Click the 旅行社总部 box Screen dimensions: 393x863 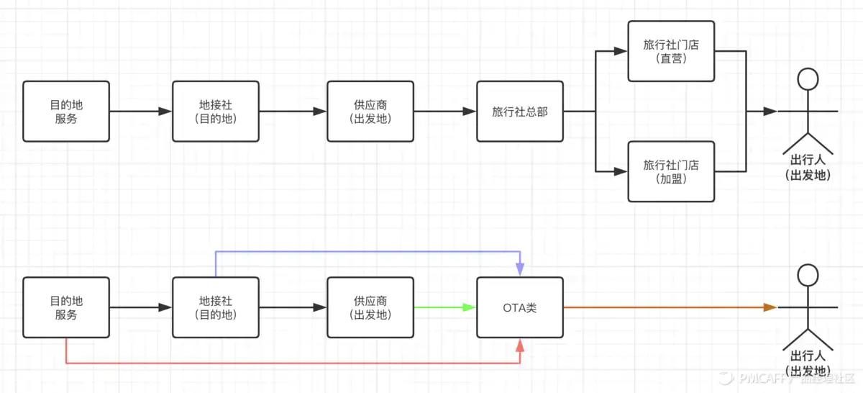tap(519, 112)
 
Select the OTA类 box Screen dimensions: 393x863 tap(519, 307)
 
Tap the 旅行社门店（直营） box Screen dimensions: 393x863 tap(671, 51)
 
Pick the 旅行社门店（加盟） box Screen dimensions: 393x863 tap(671, 171)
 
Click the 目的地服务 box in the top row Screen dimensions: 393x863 tap(65, 112)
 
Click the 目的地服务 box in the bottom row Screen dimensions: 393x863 tap(65, 307)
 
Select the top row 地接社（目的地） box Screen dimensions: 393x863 tap(216, 112)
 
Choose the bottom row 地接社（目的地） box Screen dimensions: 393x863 tap(216, 307)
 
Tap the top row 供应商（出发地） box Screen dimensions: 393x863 tap(370, 112)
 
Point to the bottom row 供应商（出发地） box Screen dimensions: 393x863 tap(370, 307)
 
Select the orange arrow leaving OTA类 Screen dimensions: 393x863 tap(669, 307)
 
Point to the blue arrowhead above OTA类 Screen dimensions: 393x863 tap(520, 268)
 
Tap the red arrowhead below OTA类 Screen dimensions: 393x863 tap(520, 347)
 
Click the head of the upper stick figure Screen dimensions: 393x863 tap(808, 78)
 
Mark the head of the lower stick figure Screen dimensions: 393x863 tap(808, 274)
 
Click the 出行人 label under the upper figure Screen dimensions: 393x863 tap(808, 167)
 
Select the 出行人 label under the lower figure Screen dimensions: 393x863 tap(808, 363)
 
